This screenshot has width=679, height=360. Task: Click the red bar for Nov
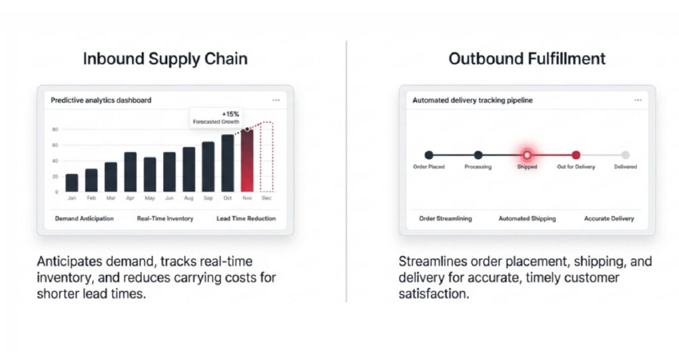pyautogui.click(x=247, y=160)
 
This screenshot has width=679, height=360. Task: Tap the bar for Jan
pyautogui.click(x=72, y=182)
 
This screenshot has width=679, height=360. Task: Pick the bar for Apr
pyautogui.click(x=130, y=172)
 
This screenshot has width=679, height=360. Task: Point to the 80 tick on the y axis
pyautogui.click(x=55, y=130)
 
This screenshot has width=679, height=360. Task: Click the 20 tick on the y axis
pyautogui.click(x=55, y=176)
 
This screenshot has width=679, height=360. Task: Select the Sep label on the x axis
pyautogui.click(x=208, y=198)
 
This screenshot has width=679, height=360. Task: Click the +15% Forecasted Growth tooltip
pyautogui.click(x=212, y=117)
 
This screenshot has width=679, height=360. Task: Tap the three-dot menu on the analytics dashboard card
pyautogui.click(x=276, y=100)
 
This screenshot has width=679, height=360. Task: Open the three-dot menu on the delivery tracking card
pyautogui.click(x=638, y=100)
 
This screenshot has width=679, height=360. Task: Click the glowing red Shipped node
pyautogui.click(x=527, y=154)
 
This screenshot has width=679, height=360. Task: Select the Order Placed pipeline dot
pyautogui.click(x=429, y=154)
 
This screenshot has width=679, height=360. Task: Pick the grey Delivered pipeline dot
pyautogui.click(x=625, y=154)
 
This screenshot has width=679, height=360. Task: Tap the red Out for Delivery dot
pyautogui.click(x=576, y=154)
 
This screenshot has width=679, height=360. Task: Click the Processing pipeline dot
pyautogui.click(x=478, y=154)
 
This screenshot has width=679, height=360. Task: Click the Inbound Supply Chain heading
pyautogui.click(x=165, y=58)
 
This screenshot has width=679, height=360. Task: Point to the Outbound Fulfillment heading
pyautogui.click(x=526, y=58)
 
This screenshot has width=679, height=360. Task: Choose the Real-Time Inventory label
pyautogui.click(x=164, y=218)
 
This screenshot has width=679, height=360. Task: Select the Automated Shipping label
pyautogui.click(x=527, y=218)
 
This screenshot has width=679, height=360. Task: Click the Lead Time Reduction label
pyautogui.click(x=246, y=218)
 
